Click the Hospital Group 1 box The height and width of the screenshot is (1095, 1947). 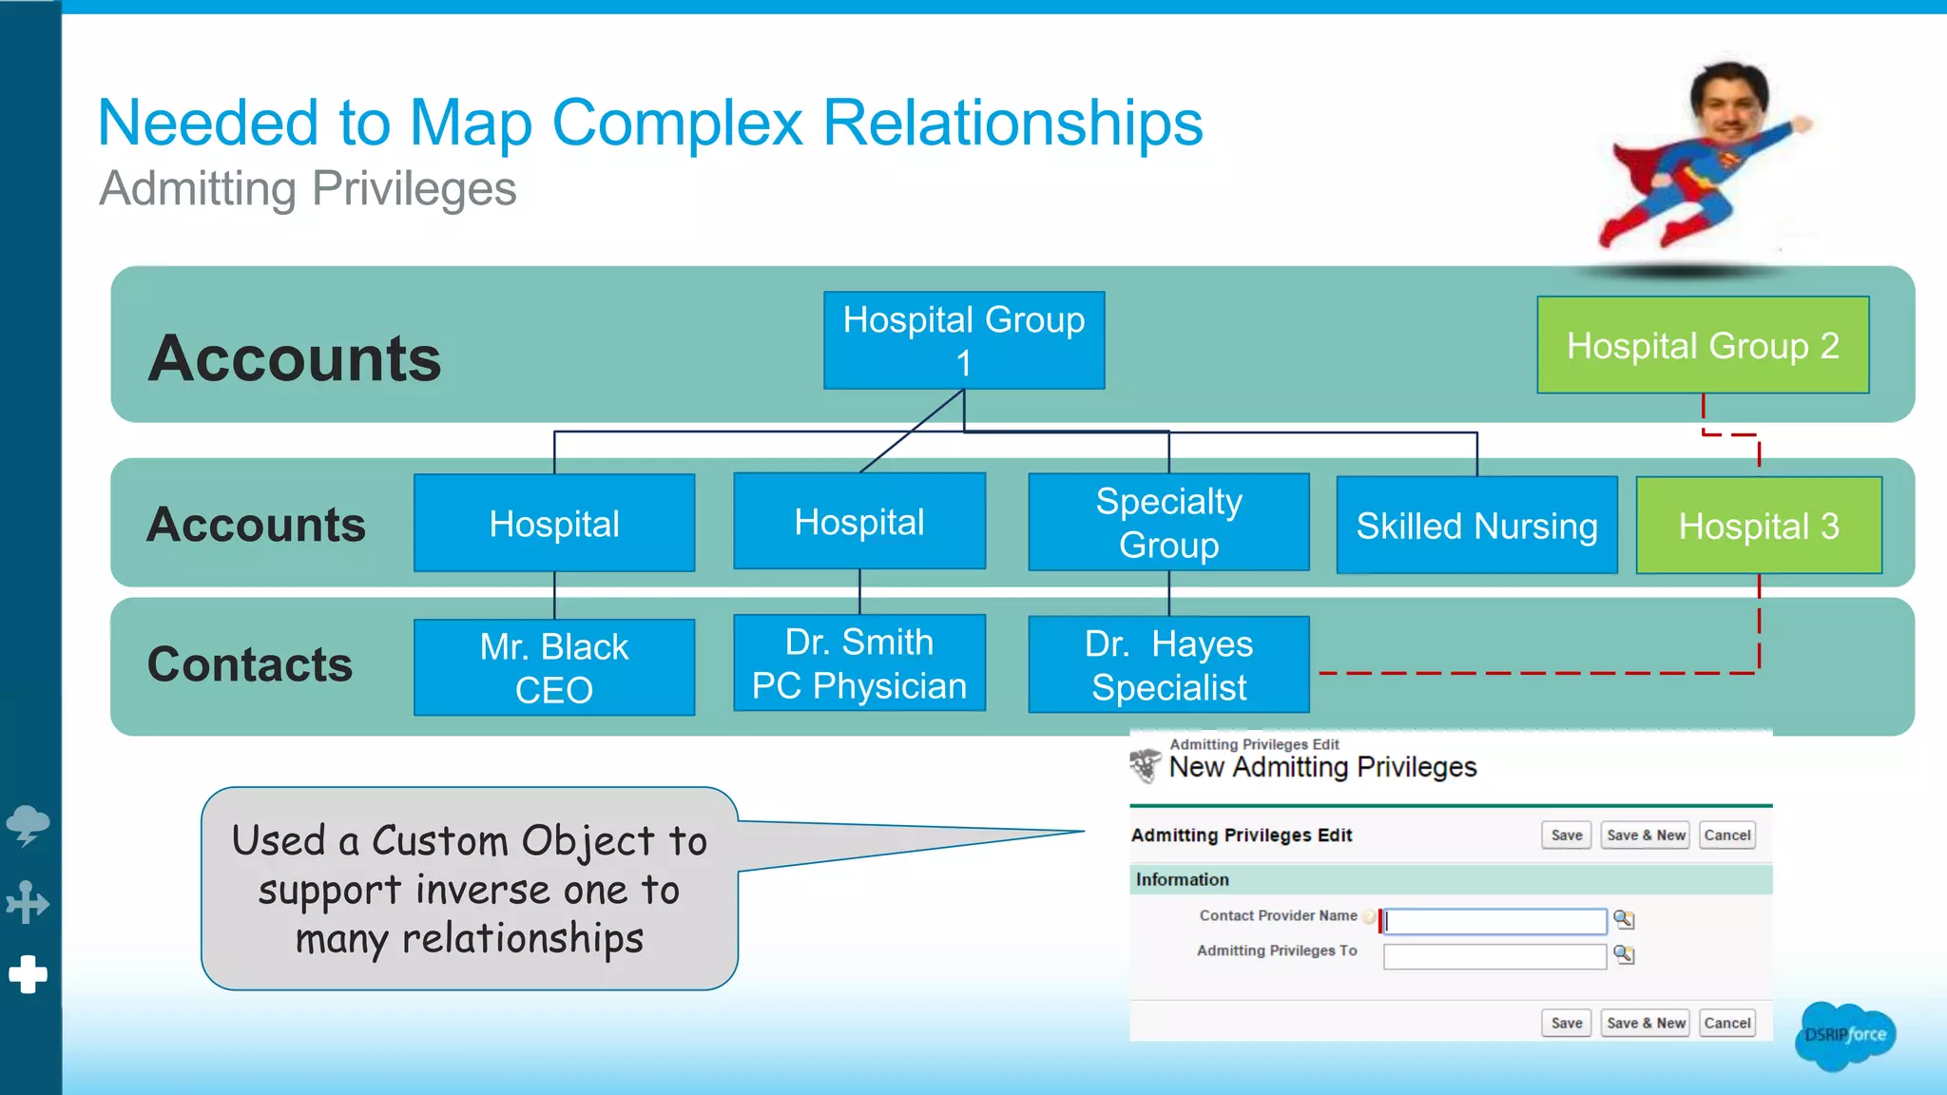964,340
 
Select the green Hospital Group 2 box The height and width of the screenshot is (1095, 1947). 1703,345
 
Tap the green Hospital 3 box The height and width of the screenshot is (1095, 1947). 1759,526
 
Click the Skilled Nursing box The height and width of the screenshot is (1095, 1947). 1476,526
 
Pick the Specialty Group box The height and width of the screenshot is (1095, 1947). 1168,523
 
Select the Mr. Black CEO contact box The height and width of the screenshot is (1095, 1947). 554,667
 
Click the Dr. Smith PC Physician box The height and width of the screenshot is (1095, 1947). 859,663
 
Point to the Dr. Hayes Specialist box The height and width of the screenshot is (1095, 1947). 1168,664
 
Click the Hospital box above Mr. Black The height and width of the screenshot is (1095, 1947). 554,524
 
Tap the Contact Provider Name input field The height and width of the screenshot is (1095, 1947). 1494,920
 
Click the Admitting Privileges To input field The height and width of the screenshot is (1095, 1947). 1494,955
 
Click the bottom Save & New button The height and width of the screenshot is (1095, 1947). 1646,1023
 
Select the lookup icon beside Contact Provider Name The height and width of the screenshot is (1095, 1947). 1624,919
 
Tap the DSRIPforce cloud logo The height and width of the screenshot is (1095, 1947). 1845,1035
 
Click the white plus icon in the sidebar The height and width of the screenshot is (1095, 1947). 29,974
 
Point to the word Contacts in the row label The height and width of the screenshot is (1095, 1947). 250,663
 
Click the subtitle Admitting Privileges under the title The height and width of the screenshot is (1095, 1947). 308,188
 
